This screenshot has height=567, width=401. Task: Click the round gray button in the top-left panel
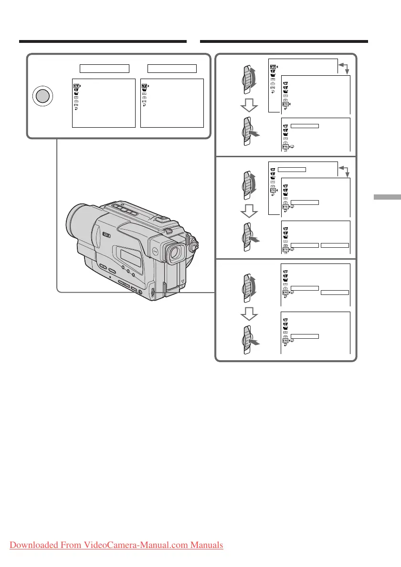(x=42, y=96)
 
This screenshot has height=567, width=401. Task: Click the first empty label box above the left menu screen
(x=104, y=68)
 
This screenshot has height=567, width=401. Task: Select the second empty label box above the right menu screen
(x=172, y=68)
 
